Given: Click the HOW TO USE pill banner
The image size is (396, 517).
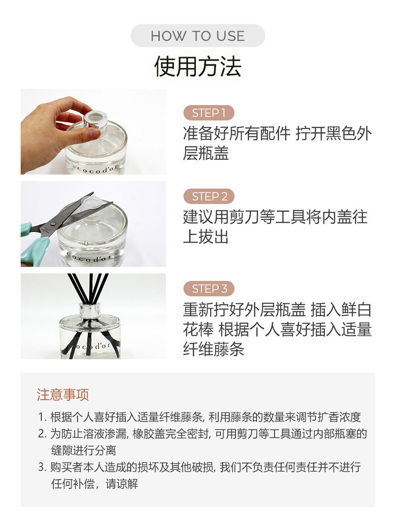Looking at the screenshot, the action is coord(197,36).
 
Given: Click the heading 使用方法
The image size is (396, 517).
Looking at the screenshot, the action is coord(197,67).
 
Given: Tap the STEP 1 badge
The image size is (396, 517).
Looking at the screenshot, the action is coord(209,113).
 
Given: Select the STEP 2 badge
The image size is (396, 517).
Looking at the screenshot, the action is coord(209,197).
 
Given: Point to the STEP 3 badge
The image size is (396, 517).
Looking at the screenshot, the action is coord(209,289).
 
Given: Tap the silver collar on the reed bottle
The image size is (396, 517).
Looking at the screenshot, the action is coord(90,311).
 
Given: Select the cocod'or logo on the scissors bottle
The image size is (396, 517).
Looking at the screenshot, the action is coord(87,257).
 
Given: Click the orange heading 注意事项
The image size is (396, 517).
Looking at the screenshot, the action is coord(63,395).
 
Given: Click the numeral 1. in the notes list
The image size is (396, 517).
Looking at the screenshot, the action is coord(42,417).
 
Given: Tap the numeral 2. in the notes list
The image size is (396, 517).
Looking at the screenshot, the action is coord(42,434).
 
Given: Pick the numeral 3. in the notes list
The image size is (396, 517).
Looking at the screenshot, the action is coord(42,467).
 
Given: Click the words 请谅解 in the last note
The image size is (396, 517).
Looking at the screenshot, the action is coord(122,484).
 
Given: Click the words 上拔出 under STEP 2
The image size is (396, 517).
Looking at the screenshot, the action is coord(206,237).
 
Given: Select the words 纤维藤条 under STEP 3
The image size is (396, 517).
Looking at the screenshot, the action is coord(214,349).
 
